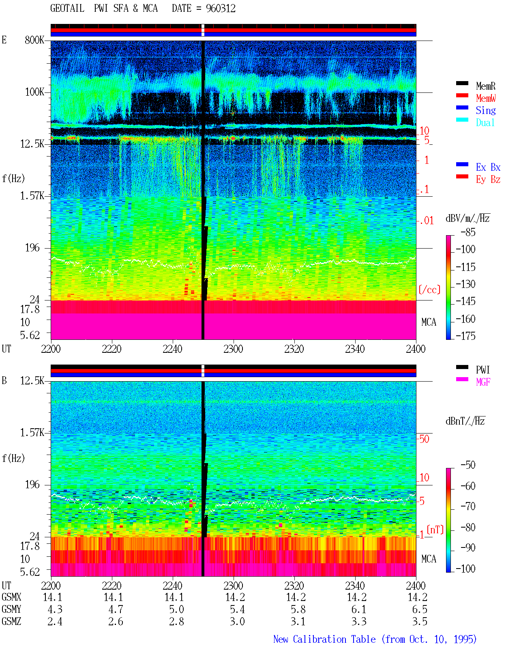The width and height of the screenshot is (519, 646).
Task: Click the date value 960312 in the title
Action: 221,9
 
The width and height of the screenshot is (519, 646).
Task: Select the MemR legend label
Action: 486,86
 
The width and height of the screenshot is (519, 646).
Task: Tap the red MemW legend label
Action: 486,98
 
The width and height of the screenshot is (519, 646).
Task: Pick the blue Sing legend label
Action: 486,110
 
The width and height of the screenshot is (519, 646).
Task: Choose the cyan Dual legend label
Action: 485,122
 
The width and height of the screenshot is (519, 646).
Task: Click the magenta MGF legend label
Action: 483,382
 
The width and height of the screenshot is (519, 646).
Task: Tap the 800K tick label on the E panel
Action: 34,40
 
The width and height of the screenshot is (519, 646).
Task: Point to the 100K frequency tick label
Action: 34,92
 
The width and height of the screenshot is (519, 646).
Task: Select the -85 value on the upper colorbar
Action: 468,232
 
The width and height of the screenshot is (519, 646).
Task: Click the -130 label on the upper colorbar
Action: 465,284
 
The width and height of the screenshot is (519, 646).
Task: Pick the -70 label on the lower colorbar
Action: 468,506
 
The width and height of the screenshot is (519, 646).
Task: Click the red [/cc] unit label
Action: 429,290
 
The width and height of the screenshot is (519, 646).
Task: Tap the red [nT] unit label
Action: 435,530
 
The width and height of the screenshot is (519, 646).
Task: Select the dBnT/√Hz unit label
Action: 465,421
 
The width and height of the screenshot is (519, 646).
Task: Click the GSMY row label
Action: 11,609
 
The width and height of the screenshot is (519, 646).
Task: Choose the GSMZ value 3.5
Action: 420,621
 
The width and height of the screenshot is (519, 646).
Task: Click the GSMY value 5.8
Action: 298,610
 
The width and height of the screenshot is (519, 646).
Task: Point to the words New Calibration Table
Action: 324,639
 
